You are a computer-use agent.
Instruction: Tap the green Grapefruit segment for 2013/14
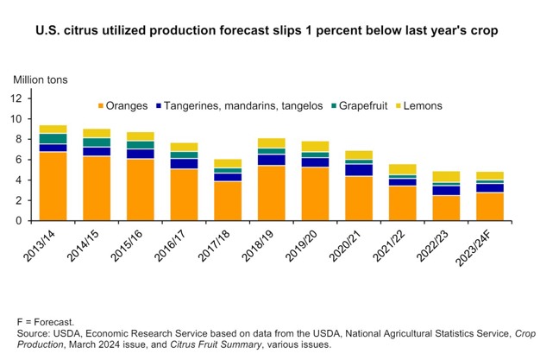(x=53, y=139)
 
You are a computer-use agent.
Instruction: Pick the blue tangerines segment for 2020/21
(x=359, y=169)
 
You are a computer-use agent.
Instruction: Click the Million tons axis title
(x=40, y=80)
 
